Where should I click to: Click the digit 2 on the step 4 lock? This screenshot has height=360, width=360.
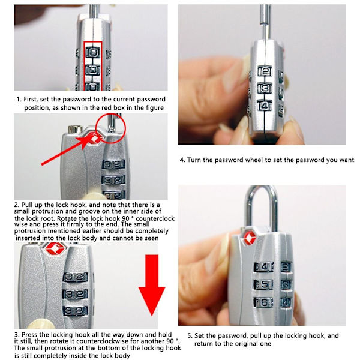[265, 71]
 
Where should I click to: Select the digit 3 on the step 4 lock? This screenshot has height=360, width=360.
[265, 89]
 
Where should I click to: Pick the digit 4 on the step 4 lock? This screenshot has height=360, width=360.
[265, 106]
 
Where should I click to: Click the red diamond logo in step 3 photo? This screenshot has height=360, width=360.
[56, 248]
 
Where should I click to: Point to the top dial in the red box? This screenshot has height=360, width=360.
[93, 52]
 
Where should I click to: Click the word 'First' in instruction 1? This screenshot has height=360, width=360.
[31, 99]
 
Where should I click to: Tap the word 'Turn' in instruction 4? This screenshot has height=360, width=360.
[193, 160]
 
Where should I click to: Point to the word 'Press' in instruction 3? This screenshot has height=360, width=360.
[29, 334]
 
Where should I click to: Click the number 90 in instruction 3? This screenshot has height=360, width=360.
[170, 341]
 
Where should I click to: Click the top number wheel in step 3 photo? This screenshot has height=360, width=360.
[76, 277]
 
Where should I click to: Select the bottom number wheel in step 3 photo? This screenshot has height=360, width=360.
[76, 311]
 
